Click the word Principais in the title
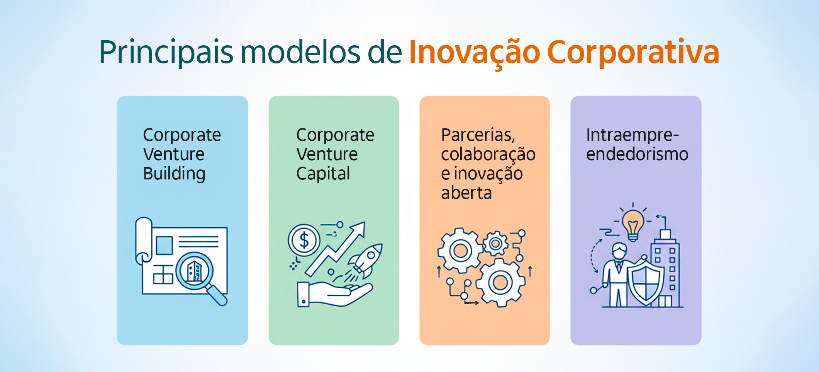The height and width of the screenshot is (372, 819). pos(166,52)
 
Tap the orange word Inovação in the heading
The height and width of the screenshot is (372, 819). pos(474,52)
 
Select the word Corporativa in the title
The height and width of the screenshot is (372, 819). pos(633,52)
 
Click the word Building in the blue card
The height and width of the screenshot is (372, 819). pos(174,174)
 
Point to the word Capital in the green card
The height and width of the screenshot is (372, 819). pos(323,174)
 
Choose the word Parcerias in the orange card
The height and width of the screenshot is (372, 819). pos(478,135)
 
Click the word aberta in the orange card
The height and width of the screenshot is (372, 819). pos(466,193)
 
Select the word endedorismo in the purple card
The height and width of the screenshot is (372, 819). pos(637,154)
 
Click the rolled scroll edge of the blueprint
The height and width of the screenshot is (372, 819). pos(143,240)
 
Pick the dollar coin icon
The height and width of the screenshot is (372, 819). pos(304,240)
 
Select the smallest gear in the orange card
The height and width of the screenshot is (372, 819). pos(496,244)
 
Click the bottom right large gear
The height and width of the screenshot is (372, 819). pos(500,283)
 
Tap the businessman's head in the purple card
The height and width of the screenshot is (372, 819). pos(619,251)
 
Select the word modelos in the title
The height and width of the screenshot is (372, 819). pos(300,52)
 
